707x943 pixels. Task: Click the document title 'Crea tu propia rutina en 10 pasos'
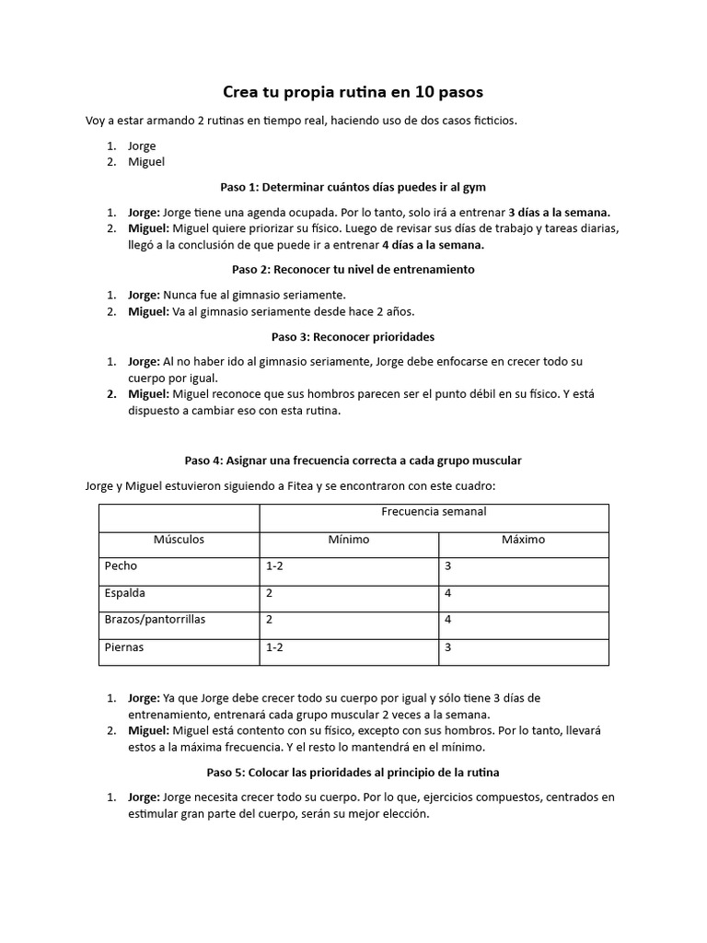[x=353, y=93]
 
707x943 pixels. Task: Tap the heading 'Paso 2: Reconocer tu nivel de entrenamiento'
[x=353, y=270]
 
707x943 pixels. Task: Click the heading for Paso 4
[x=353, y=460]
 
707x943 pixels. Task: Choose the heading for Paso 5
[x=353, y=771]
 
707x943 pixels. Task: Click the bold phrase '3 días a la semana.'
[x=559, y=211]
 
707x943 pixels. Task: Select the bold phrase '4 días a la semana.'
[x=433, y=245]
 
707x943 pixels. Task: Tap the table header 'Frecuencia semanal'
[x=434, y=511]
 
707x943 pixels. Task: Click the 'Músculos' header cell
[x=179, y=540]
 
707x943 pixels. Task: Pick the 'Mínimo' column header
[x=349, y=540]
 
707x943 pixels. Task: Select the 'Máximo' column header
[x=523, y=540]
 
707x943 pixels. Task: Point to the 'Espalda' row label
[x=125, y=593]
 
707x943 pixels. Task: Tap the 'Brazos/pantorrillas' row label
[x=155, y=620]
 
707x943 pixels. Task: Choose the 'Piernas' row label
[x=124, y=647]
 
